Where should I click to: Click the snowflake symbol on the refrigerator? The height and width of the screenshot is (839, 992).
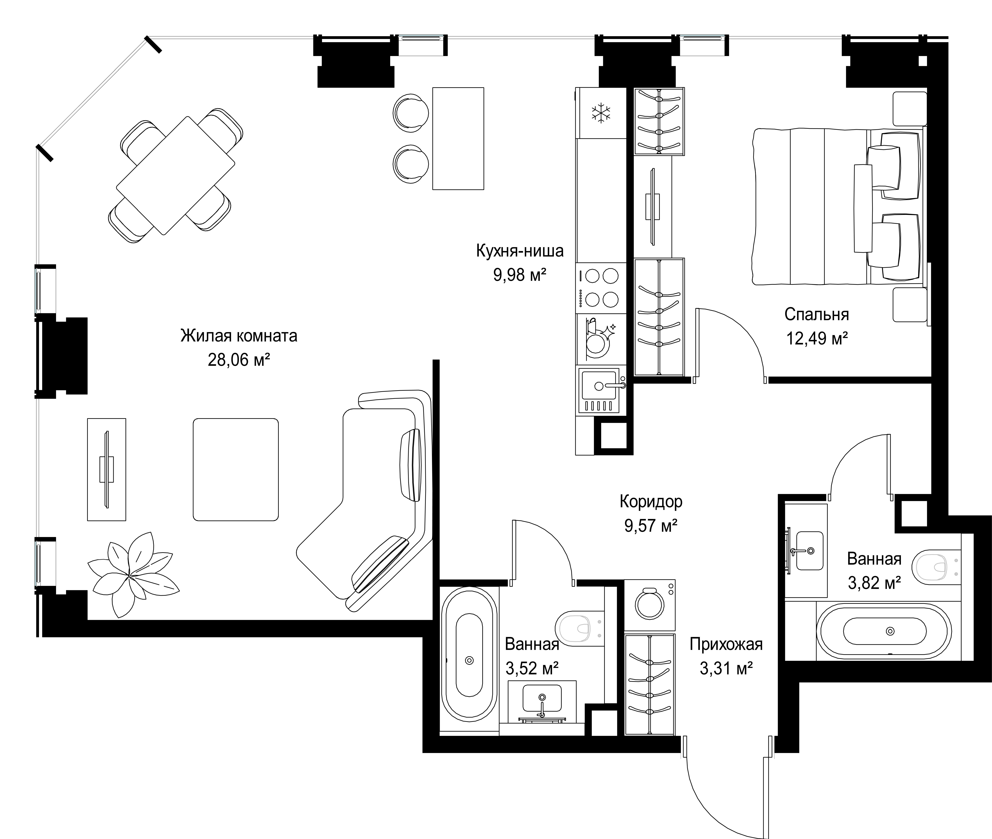click(601, 113)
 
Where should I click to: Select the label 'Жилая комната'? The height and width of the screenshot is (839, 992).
click(239, 336)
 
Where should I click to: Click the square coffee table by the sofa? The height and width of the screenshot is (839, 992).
click(235, 469)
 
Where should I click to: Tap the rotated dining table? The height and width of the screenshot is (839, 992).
click(176, 176)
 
